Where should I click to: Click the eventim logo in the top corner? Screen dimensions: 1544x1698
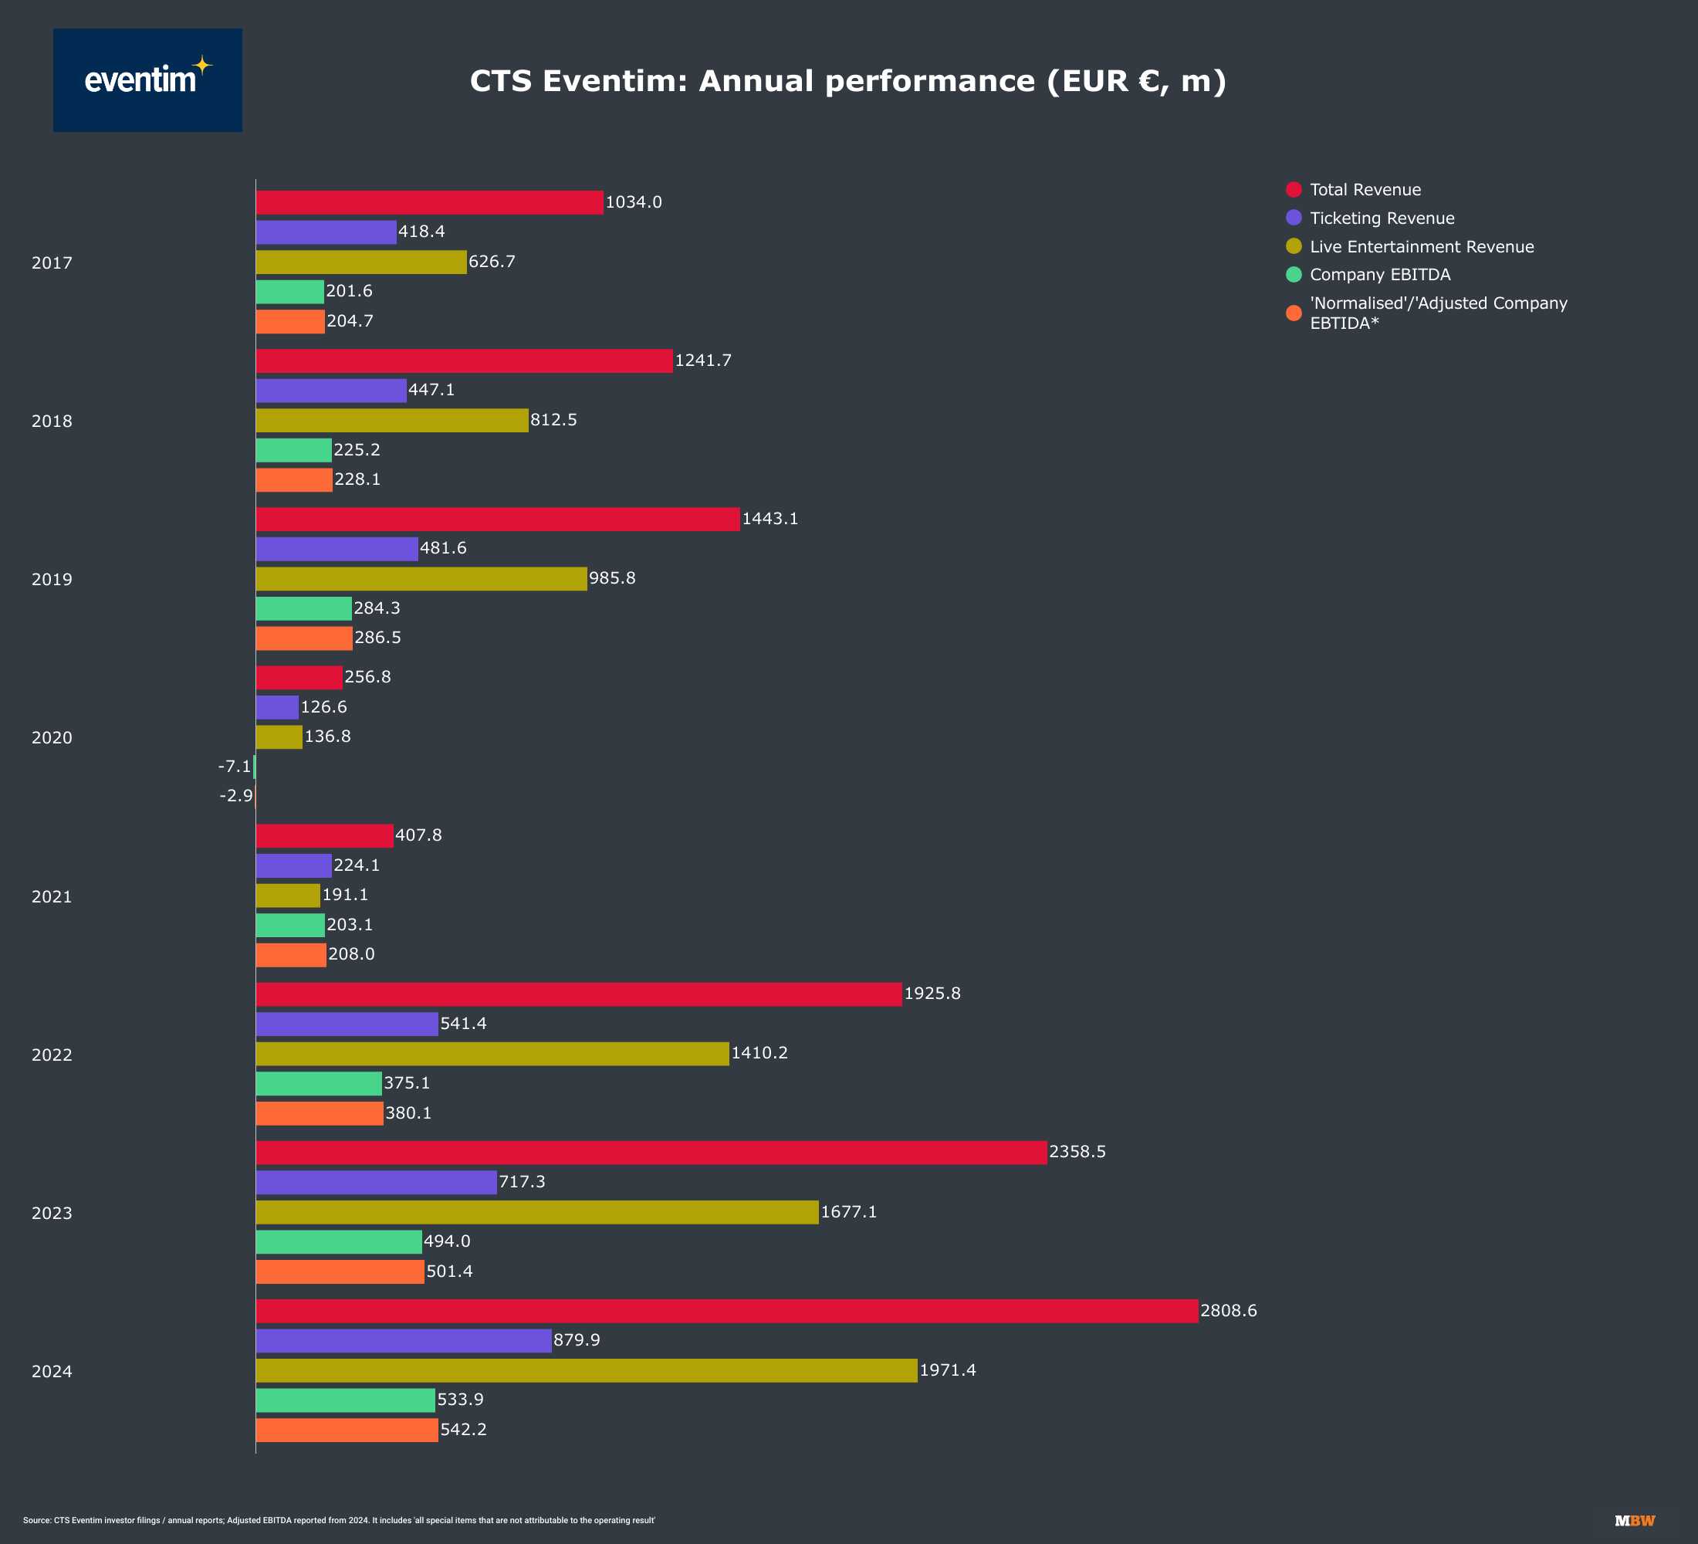pos(147,80)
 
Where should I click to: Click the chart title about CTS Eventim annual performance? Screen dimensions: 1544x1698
pos(847,82)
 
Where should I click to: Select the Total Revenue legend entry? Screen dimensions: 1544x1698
pos(1365,189)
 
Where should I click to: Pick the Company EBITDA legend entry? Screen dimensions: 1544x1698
pos(1380,275)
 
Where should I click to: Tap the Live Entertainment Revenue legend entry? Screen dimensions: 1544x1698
pos(1421,247)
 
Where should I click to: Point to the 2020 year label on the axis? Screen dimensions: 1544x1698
pos(52,738)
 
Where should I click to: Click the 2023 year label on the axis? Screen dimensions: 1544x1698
pos(52,1213)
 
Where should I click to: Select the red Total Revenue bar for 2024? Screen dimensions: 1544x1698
pos(726,1311)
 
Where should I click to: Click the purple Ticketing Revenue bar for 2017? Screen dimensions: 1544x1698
pos(326,232)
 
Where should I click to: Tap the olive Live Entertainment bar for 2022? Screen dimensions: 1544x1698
pos(492,1054)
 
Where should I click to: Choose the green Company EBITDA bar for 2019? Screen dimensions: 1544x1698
pos(303,608)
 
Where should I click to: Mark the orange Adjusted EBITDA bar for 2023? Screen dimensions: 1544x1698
pos(340,1271)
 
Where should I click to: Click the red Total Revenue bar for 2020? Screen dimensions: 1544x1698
pos(299,677)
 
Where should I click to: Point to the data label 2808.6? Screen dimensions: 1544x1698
pos(1228,1311)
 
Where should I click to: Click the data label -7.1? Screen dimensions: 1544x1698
pos(234,767)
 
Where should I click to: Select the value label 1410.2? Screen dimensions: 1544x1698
pos(759,1053)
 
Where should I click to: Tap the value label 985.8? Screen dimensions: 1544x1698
pos(611,577)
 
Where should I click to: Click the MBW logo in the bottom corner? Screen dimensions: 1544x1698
pos(1634,1520)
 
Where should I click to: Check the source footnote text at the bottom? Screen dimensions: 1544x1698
pos(339,1520)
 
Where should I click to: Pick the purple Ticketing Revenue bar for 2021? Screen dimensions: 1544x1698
pos(293,865)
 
